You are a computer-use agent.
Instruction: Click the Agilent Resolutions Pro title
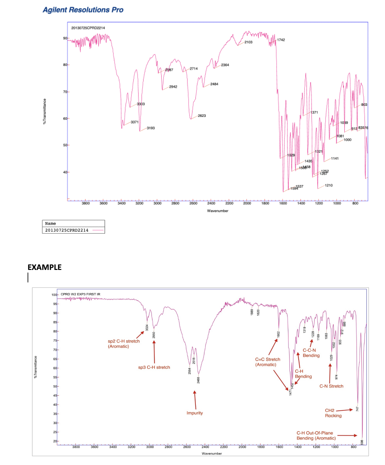coord(83,10)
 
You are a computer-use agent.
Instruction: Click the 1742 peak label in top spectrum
coord(281,40)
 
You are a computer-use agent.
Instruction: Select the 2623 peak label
coord(202,116)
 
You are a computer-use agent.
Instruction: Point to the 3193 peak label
coord(150,128)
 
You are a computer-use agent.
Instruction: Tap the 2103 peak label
coord(248,42)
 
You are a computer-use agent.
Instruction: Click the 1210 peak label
coord(328,185)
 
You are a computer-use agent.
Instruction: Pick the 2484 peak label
coord(214,84)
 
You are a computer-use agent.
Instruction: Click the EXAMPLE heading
coord(44,267)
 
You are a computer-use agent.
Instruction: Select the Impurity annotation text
coord(194,413)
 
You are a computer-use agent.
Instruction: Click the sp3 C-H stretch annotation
coord(154,367)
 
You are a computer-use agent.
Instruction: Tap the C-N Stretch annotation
coord(331,386)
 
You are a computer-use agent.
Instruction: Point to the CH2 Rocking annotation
coord(333,413)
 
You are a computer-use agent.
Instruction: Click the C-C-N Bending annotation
coord(311,353)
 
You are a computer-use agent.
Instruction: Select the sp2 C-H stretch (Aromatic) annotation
coord(124,344)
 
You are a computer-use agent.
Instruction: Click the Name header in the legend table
coord(50,223)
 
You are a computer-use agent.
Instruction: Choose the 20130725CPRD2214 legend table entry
coord(67,230)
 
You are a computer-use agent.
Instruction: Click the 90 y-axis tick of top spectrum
coord(65,38)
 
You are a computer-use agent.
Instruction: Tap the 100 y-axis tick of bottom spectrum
coord(54,295)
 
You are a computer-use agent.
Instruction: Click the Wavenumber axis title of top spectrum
coord(217,211)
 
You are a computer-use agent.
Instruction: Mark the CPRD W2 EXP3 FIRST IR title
coord(80,294)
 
